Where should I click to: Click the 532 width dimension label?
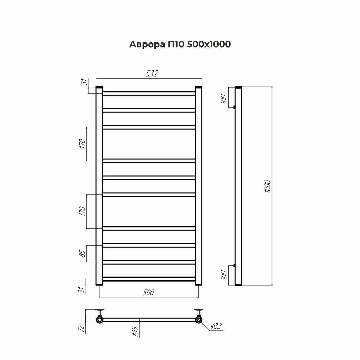[152, 73]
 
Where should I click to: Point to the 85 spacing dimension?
[82, 253]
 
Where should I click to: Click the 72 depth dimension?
[81, 328]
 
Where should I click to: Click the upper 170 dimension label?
[82, 144]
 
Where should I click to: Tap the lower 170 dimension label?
[82, 211]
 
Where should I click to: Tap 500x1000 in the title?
[209, 44]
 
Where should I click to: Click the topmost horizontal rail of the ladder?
[149, 93]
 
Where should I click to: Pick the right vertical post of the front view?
[199, 186]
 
